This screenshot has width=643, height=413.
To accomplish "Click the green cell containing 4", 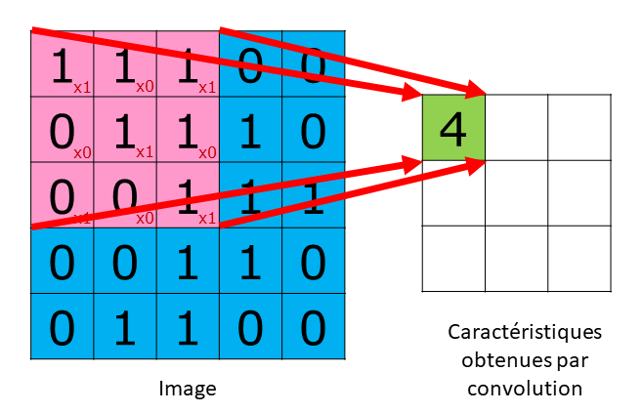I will tap(453, 128).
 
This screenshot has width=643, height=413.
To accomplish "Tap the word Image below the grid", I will tap(187, 389).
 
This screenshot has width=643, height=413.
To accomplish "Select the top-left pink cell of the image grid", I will tap(63, 64).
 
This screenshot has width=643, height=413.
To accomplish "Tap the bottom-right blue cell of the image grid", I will tap(313, 327).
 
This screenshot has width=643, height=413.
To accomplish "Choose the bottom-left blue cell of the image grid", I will tap(63, 327).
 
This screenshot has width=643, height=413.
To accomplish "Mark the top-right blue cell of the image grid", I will tap(313, 64).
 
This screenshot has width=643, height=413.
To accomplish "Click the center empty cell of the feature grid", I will tap(516, 193).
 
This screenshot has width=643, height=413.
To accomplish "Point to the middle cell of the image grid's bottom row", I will tap(188, 327).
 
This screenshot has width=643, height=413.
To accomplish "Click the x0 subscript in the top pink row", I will tap(145, 86).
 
